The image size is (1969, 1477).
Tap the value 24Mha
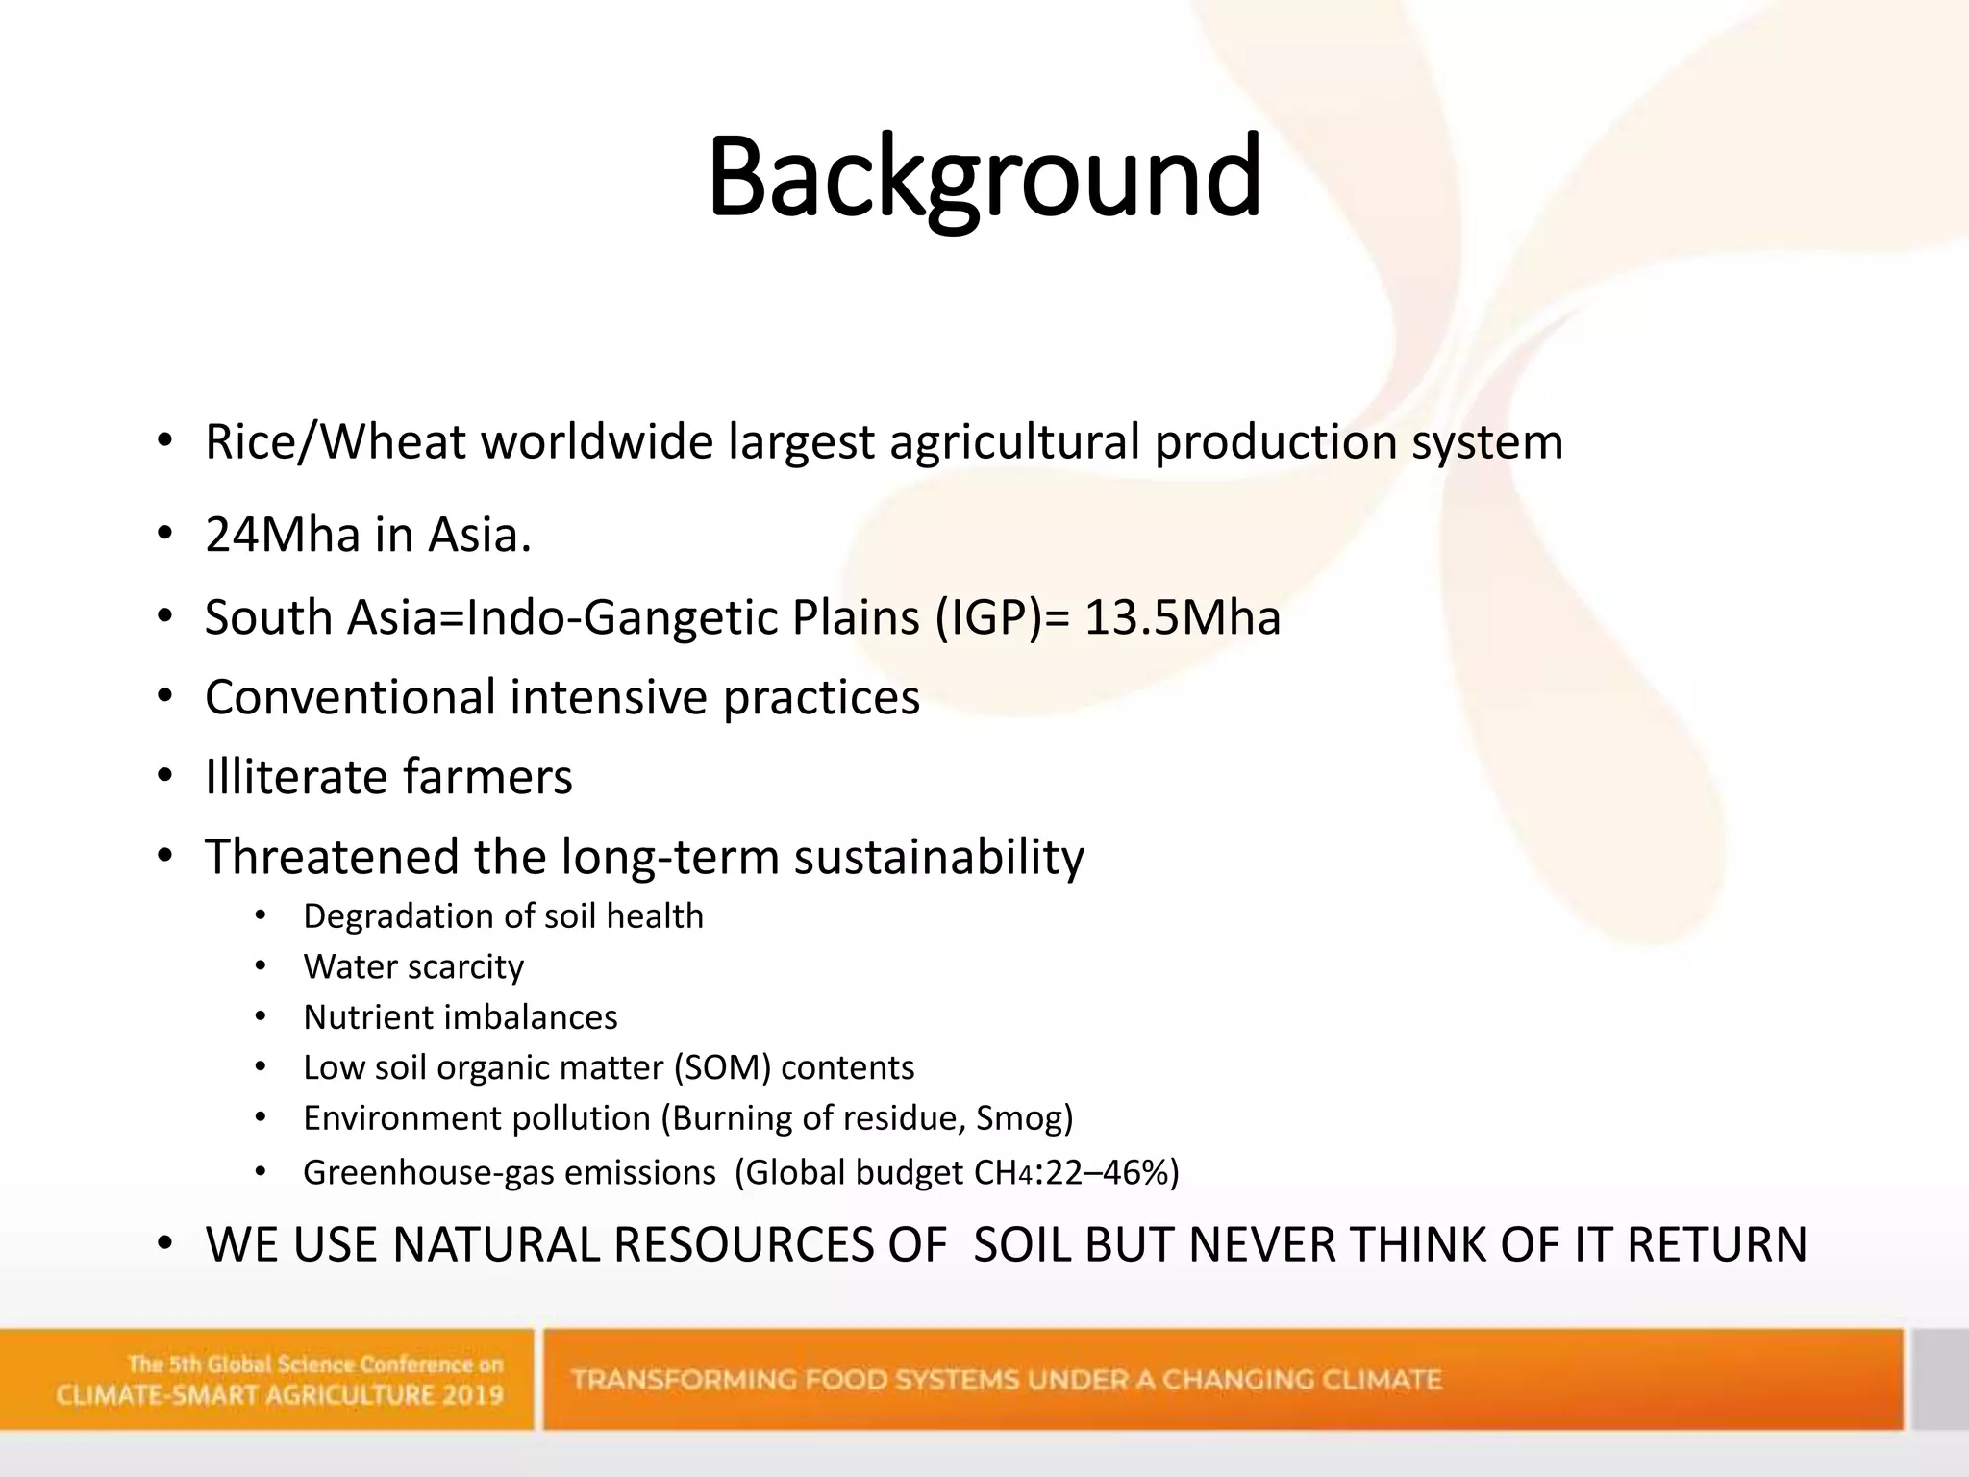click(x=281, y=536)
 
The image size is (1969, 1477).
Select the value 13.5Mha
click(x=1183, y=617)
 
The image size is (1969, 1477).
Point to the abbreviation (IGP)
click(x=988, y=617)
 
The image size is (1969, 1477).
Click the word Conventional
click(x=350, y=697)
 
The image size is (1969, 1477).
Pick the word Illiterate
click(x=296, y=777)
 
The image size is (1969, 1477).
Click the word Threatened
click(x=331, y=857)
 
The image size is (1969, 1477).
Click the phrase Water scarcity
click(x=413, y=966)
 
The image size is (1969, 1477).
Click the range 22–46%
click(x=1109, y=1173)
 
